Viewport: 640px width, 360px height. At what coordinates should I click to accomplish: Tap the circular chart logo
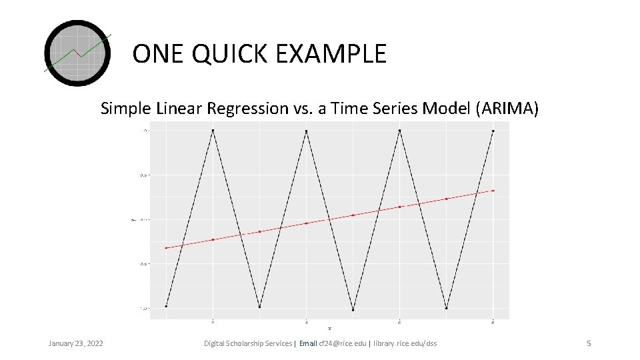(77, 53)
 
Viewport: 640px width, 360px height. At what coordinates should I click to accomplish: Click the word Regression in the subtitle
(243, 109)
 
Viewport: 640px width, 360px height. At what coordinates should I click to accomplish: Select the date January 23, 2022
(75, 343)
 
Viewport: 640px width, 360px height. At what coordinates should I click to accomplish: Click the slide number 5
(588, 343)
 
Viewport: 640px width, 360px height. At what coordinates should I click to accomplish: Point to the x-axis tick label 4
(306, 321)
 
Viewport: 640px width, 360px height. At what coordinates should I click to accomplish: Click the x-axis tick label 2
(213, 321)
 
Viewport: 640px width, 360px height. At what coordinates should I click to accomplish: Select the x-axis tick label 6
(399, 321)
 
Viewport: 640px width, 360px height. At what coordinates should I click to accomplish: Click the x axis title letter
(329, 328)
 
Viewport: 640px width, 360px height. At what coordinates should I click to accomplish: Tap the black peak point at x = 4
(306, 131)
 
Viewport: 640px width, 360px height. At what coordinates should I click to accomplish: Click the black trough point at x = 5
(353, 309)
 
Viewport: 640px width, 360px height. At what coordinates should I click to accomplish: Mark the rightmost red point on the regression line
(493, 191)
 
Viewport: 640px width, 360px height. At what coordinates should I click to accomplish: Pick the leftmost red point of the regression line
(166, 248)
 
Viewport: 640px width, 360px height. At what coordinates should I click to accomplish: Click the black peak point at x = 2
(213, 131)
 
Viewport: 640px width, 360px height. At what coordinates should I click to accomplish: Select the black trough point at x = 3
(259, 307)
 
